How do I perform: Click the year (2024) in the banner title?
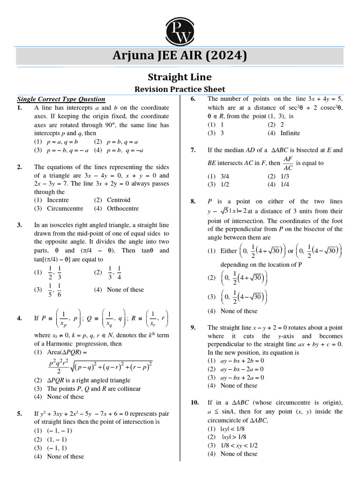pyautogui.click(x=225, y=56)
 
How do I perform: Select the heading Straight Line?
pyautogui.click(x=180, y=77)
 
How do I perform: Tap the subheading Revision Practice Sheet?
pyautogui.click(x=180, y=89)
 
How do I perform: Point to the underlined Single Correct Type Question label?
pyautogui.click(x=61, y=99)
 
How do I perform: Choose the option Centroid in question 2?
pyautogui.click(x=118, y=200)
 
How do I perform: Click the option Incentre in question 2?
pyautogui.click(x=58, y=200)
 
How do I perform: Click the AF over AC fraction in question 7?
pyautogui.click(x=288, y=164)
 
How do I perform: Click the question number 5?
pyautogui.click(x=20, y=414)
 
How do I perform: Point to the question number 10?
pyautogui.click(x=195, y=403)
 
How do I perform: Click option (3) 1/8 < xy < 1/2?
pyautogui.click(x=240, y=445)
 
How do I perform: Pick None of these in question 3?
pyautogui.click(x=125, y=290)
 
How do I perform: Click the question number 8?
pyautogui.click(x=193, y=201)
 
